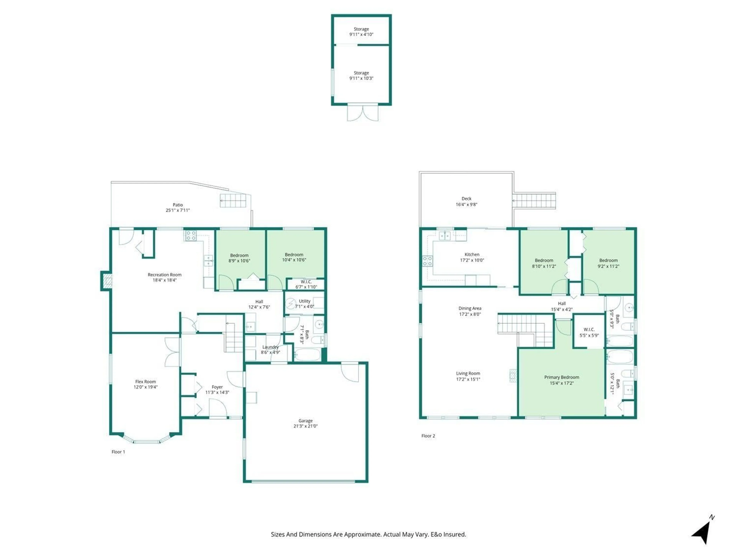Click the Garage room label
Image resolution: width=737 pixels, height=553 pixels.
(305, 421)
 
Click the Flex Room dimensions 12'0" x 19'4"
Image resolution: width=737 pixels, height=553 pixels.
(146, 387)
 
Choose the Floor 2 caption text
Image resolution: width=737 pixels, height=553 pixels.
(428, 436)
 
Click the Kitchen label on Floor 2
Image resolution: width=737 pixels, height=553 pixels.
(472, 254)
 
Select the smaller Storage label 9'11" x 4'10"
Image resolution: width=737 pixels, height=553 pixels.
(361, 32)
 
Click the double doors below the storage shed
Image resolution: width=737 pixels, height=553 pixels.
(363, 113)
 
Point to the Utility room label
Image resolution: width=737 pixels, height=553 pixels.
(305, 301)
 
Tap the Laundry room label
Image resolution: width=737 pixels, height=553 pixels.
(270, 347)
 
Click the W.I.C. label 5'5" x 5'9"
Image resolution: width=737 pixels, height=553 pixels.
(589, 332)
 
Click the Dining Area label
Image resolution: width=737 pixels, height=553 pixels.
(470, 308)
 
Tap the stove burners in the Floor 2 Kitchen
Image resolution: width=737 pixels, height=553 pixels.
(427, 261)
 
